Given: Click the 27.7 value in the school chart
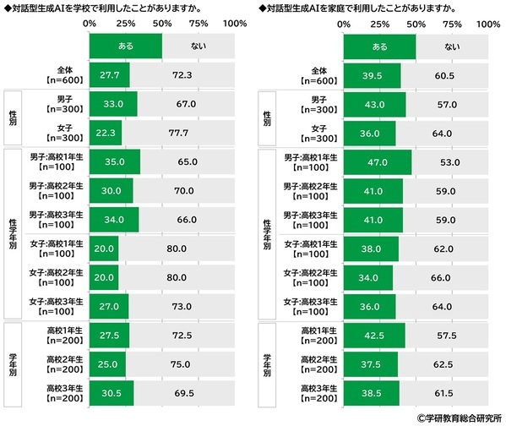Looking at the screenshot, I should click(x=108, y=76).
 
